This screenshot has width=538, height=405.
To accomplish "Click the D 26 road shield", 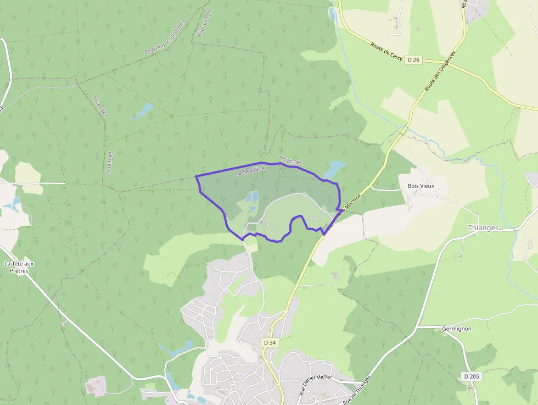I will tap(414, 59).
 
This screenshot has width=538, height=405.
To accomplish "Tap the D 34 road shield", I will tap(270, 342).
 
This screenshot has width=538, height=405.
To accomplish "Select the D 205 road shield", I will tap(471, 376).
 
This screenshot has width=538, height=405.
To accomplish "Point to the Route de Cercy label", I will tap(386, 52).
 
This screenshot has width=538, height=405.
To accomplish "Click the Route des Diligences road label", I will tap(440, 71).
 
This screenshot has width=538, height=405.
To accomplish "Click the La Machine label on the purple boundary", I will tap(250, 171).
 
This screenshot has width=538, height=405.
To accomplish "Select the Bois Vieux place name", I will tap(421, 186).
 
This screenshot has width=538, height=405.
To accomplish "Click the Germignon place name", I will tap(457, 329).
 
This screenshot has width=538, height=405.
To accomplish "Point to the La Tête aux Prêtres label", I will tap(19, 267).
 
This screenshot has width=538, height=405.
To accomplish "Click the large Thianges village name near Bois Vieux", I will tap(483, 228).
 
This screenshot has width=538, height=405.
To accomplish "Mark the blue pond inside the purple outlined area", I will tap(252, 197).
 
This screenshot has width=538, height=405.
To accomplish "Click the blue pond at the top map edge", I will tap(332, 14).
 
